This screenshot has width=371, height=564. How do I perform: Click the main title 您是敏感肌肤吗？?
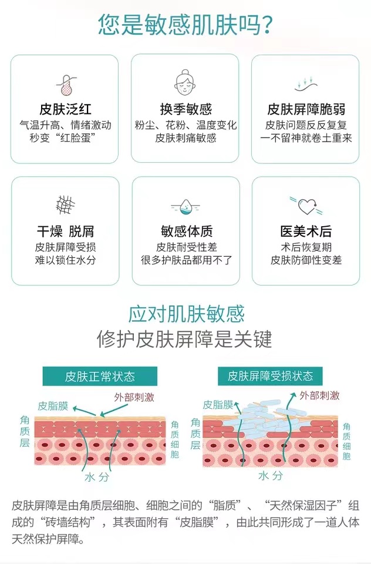[185, 25]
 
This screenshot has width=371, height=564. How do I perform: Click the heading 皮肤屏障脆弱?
[306, 109]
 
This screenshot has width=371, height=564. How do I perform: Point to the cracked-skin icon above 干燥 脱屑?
[65, 204]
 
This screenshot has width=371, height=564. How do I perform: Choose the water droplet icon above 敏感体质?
[185, 206]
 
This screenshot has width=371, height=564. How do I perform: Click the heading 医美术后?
[306, 231]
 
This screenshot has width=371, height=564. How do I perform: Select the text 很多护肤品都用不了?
[185, 260]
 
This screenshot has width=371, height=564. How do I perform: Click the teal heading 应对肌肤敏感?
[185, 314]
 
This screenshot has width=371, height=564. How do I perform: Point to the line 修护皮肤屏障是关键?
[185, 339]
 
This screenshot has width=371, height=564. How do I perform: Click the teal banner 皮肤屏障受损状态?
[271, 376]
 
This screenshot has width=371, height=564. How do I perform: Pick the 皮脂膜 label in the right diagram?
[218, 404]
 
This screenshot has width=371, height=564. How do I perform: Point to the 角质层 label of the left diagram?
[25, 432]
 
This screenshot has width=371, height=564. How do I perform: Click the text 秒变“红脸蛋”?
[65, 137]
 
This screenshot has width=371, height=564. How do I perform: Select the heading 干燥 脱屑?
[65, 231]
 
